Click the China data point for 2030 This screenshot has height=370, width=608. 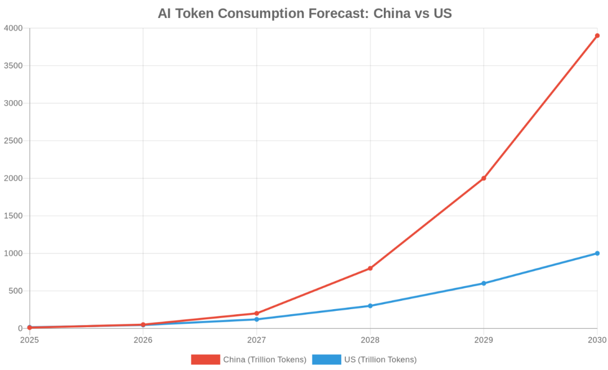[597, 35]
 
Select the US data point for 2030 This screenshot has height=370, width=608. [597, 253]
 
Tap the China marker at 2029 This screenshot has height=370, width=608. [484, 178]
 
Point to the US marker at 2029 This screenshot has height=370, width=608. [484, 283]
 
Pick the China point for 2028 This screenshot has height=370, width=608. [370, 268]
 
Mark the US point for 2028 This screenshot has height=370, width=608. [370, 306]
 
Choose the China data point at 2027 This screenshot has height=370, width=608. [257, 313]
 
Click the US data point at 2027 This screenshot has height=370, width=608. [257, 319]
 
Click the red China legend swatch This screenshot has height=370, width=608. [205, 359]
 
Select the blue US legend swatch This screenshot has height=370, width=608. [327, 359]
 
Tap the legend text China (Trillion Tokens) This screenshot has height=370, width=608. [265, 359]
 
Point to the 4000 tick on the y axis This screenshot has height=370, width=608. [13, 28]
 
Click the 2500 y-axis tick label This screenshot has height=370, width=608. [13, 141]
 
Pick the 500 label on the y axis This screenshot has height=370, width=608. [15, 291]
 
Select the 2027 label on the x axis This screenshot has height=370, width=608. [257, 340]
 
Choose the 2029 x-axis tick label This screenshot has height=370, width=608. [484, 340]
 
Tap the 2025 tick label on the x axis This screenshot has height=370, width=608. [29, 340]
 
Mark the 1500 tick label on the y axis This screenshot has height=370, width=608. [13, 216]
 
